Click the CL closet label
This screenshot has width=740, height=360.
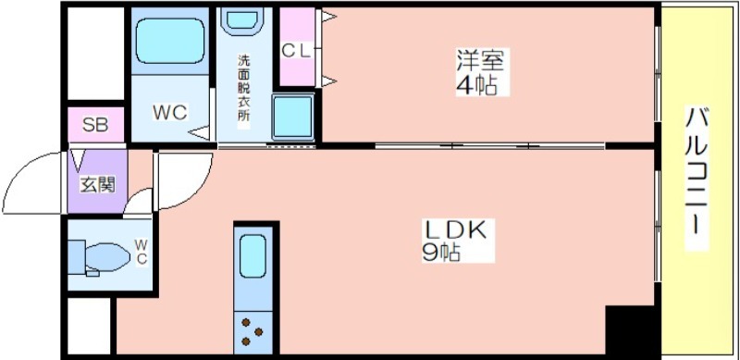click(297, 51)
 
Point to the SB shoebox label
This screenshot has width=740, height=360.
click(95, 125)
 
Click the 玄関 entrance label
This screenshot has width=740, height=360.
click(97, 185)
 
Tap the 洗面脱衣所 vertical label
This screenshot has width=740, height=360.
click(243, 88)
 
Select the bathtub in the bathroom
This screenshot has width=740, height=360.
click(170, 40)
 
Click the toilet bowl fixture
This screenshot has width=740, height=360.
click(107, 257)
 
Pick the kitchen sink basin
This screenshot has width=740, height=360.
click(253, 256)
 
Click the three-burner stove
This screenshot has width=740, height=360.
click(253, 332)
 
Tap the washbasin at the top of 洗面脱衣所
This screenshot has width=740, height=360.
click(240, 19)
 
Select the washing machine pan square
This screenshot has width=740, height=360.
click(293, 118)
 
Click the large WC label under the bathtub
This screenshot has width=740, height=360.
click(170, 113)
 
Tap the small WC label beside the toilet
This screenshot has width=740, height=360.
click(142, 252)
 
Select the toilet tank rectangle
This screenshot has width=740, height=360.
click(76, 257)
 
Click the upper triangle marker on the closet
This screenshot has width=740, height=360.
click(329, 17)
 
